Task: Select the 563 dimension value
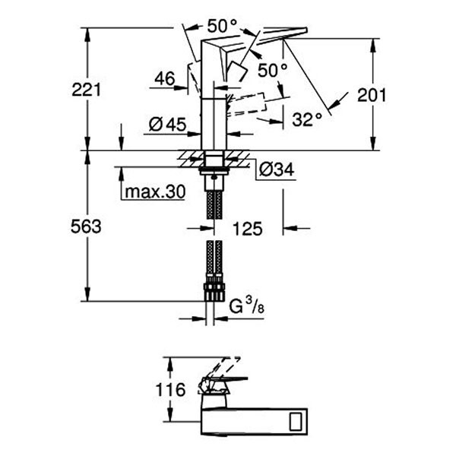[87, 226]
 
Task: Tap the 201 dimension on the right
[372, 95]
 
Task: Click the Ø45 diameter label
[166, 125]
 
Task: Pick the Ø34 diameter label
[275, 169]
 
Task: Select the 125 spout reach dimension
[247, 228]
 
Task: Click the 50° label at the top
[222, 26]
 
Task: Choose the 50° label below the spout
[272, 70]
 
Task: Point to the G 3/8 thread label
[245, 308]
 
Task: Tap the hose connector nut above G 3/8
[214, 293]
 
